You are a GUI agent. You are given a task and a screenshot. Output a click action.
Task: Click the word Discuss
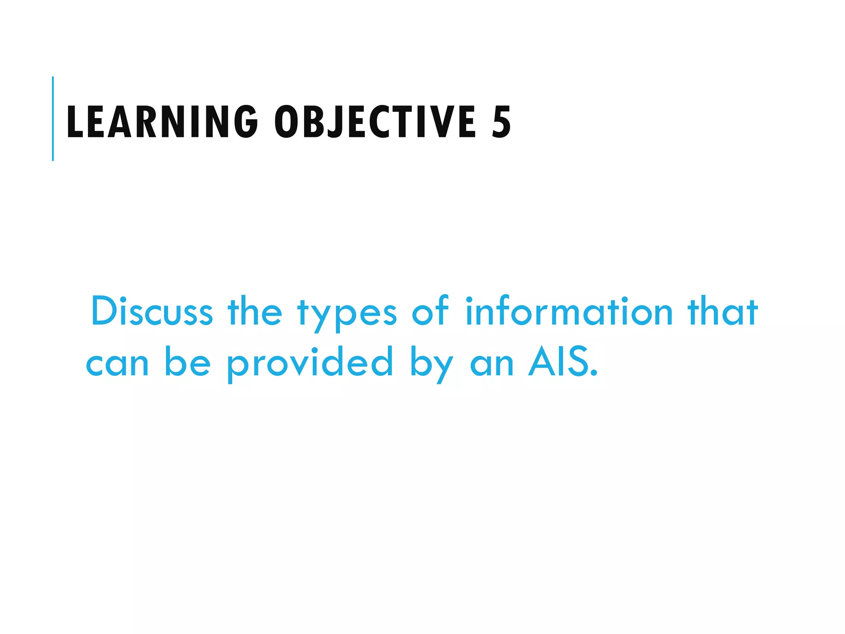[152, 311]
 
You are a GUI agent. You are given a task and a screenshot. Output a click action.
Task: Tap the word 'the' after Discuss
[255, 311]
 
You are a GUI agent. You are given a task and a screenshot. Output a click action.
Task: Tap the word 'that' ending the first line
[722, 311]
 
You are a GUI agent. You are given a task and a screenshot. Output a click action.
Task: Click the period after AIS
[594, 374]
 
